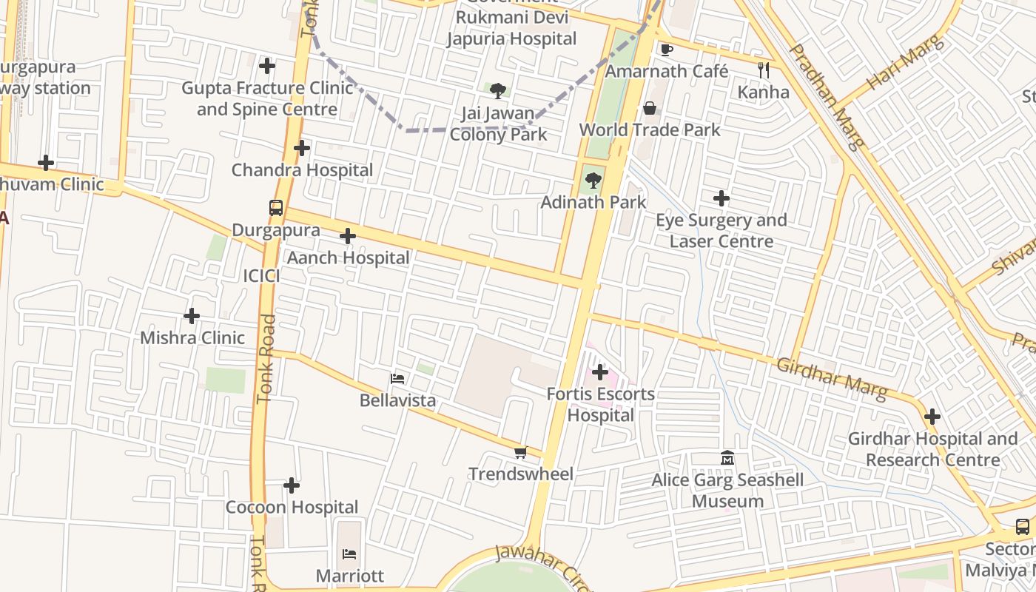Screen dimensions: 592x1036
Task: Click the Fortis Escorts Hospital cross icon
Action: [600, 371]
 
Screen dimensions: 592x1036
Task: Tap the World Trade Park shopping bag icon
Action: [650, 108]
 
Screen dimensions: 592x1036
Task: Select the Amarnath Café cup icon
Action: [666, 50]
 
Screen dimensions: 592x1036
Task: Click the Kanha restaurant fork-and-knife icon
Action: [764, 70]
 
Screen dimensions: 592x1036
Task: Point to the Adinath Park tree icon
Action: [593, 180]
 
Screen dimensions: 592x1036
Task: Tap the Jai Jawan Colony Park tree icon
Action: [498, 91]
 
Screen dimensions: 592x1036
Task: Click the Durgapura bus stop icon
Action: [276, 208]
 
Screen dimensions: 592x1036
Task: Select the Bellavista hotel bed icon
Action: [397, 379]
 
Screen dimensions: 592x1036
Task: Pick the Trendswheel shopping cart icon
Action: [520, 452]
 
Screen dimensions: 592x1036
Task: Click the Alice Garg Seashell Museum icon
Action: [727, 459]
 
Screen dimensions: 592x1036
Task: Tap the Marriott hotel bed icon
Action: [349, 554]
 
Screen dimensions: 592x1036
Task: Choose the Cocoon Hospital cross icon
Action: [292, 485]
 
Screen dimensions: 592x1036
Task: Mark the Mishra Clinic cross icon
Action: [192, 316]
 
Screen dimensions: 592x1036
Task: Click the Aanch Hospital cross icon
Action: [347, 236]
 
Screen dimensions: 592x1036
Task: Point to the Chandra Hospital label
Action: [302, 170]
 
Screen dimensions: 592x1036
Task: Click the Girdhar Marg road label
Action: [831, 377]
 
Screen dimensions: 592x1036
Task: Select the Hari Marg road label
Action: [905, 62]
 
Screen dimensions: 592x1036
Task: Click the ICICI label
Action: [262, 276]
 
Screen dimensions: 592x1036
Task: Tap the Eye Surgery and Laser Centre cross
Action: [721, 198]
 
